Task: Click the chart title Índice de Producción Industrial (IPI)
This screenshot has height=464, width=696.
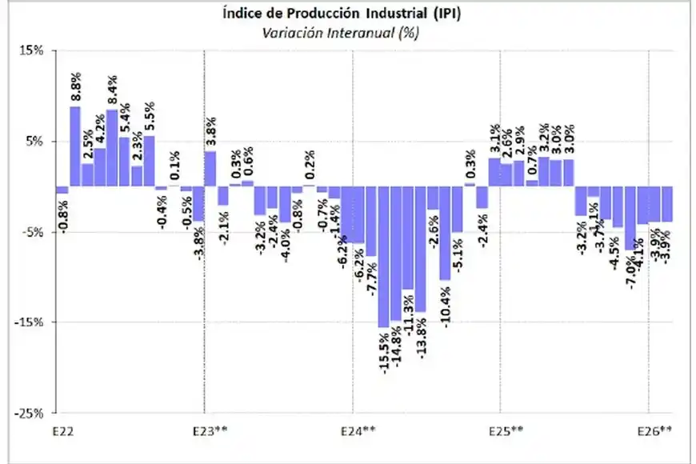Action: click(x=346, y=14)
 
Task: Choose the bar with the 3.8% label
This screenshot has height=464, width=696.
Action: click(x=210, y=169)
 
